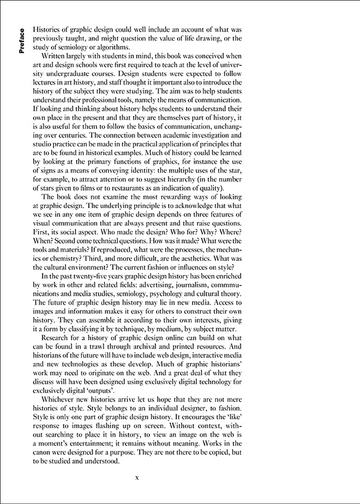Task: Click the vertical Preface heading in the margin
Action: point(22,44)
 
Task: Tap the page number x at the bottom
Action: point(137,478)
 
